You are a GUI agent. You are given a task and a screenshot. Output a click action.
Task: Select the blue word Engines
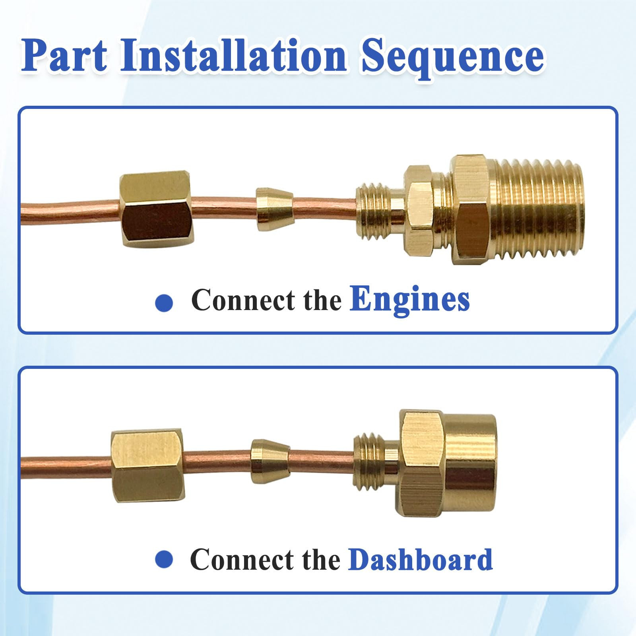pyautogui.click(x=409, y=299)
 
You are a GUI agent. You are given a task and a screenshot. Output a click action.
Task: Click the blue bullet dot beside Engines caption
pyautogui.click(x=164, y=303)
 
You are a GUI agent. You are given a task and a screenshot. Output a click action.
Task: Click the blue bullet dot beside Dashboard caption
pyautogui.click(x=164, y=559)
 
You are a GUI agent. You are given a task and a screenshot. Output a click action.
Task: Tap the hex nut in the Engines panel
pyautogui.click(x=156, y=209)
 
